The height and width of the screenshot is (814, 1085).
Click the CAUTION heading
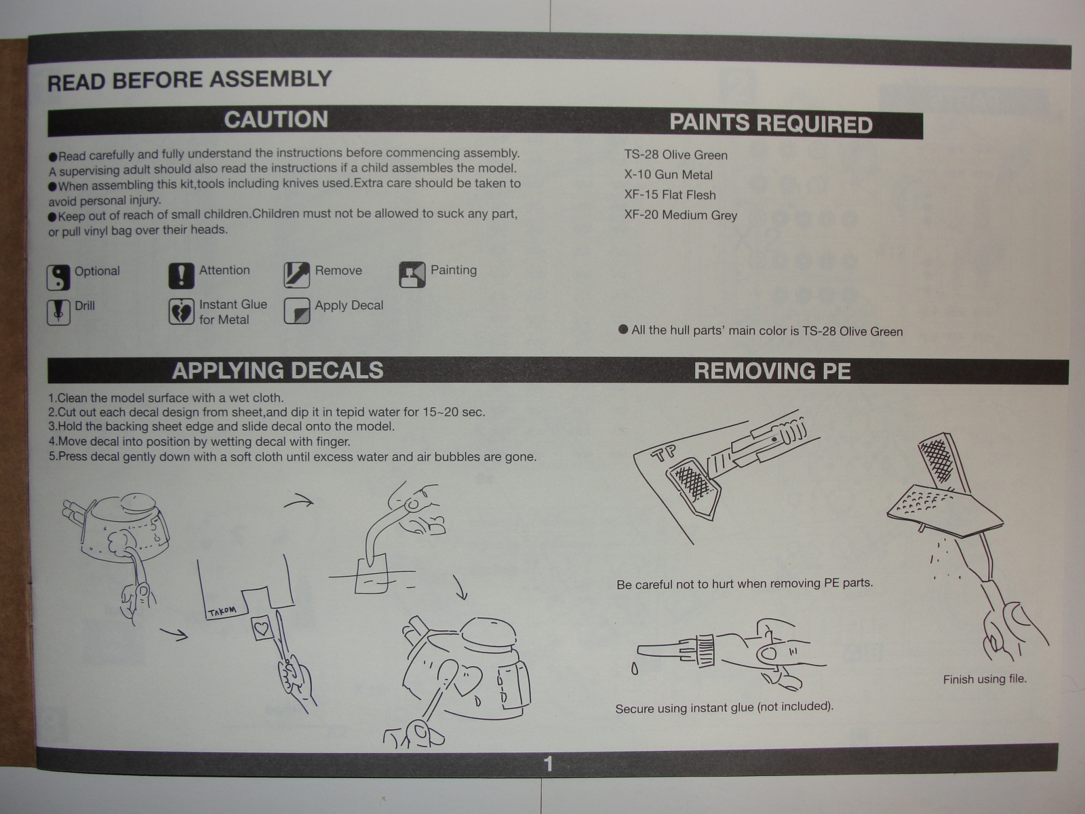[x=276, y=120]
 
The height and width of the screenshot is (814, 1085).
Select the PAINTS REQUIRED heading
[x=770, y=124]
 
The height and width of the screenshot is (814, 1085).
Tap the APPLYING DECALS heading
[x=277, y=370]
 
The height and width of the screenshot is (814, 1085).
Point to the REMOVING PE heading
[x=772, y=371]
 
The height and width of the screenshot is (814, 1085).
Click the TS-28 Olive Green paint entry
[x=675, y=155]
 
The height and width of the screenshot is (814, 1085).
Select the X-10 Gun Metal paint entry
[x=668, y=175]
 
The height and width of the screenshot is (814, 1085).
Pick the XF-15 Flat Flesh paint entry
[x=669, y=195]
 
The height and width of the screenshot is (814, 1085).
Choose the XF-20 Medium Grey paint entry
[x=680, y=216]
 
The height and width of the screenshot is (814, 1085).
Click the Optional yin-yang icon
[x=58, y=277]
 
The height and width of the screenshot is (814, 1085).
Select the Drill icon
[x=58, y=312]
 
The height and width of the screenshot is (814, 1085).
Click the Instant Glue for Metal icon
[x=181, y=311]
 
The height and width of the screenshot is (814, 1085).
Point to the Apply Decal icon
[x=297, y=311]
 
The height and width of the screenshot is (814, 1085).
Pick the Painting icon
[x=412, y=275]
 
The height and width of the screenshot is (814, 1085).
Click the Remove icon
[x=297, y=275]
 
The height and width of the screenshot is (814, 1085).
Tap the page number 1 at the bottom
[x=548, y=764]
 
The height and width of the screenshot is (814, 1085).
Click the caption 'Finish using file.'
[x=984, y=679]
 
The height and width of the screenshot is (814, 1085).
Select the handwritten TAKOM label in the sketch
[x=222, y=611]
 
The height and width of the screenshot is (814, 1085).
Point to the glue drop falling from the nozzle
[x=634, y=669]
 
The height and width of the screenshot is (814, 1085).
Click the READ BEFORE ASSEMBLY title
[x=189, y=81]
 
